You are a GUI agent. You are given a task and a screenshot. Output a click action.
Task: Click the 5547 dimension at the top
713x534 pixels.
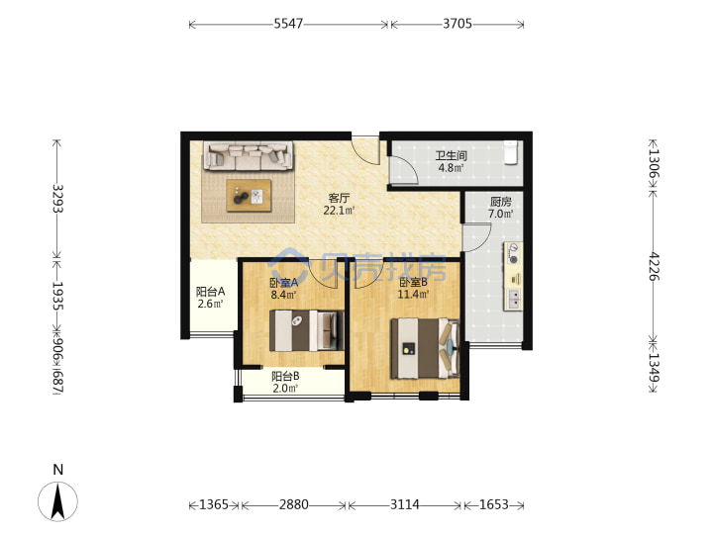pyautogui.click(x=288, y=24)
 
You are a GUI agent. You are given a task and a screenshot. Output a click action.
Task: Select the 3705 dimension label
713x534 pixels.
pyautogui.click(x=458, y=24)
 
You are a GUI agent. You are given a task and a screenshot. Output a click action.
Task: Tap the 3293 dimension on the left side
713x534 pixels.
pyautogui.click(x=57, y=199)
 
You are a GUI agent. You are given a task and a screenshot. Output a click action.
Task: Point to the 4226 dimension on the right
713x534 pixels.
pyautogui.click(x=654, y=267)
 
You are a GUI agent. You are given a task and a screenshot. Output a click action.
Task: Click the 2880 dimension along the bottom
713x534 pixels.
pyautogui.click(x=294, y=504)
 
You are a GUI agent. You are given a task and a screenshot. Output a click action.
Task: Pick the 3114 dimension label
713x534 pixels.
pyautogui.click(x=405, y=504)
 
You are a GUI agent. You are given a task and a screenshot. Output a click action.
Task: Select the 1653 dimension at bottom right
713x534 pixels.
pyautogui.click(x=494, y=504)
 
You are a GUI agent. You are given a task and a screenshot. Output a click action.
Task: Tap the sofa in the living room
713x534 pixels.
pyautogui.click(x=249, y=156)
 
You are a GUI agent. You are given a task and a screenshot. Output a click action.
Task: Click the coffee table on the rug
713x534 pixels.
pyautogui.click(x=249, y=196)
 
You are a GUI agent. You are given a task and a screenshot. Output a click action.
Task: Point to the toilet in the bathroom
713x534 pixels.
pyautogui.click(x=511, y=152)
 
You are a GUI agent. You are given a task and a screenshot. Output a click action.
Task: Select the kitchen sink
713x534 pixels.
pyautogui.click(x=514, y=300)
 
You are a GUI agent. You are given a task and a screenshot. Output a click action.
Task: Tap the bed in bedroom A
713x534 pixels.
pyautogui.click(x=306, y=330)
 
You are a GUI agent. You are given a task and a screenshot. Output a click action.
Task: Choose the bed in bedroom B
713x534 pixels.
pyautogui.click(x=425, y=349)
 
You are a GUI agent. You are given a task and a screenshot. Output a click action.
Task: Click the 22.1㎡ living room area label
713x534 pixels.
pyautogui.click(x=339, y=211)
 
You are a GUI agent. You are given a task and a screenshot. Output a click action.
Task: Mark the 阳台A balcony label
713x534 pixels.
pyautogui.click(x=210, y=292)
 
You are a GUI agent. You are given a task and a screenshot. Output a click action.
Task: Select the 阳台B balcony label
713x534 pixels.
pyautogui.click(x=285, y=377)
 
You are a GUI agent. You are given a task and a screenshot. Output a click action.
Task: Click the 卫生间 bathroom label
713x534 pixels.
pyautogui.click(x=452, y=156)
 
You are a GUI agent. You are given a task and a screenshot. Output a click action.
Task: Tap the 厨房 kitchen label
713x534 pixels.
pyautogui.click(x=501, y=202)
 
